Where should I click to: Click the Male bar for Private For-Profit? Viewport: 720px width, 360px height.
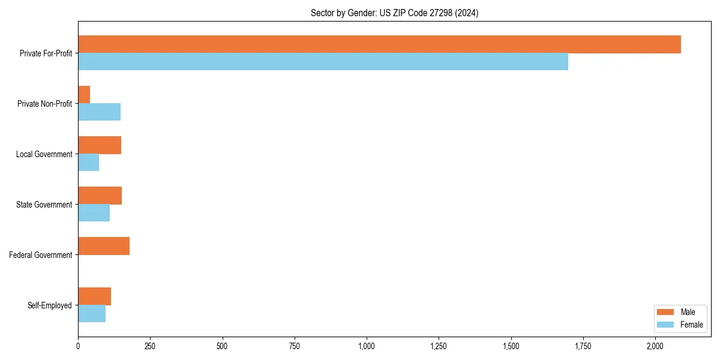tap(379, 44)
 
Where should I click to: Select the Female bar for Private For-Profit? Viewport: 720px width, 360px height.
tap(323, 62)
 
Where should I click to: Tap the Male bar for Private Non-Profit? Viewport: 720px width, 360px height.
tap(84, 95)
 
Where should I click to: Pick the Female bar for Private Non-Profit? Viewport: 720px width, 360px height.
tap(99, 112)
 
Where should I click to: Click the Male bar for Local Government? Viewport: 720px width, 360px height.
tap(100, 145)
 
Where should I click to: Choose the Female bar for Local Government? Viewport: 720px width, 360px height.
tap(88, 163)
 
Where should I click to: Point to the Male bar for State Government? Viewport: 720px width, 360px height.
tap(100, 196)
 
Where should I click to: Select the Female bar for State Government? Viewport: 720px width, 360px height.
tap(94, 213)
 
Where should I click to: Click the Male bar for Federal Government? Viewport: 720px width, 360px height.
tap(104, 246)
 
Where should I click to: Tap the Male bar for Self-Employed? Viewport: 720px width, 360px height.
tap(94, 296)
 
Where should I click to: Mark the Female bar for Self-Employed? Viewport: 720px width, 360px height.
tap(92, 314)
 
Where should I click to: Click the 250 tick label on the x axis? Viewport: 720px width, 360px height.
tap(150, 346)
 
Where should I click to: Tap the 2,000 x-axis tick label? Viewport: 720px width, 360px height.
tap(655, 346)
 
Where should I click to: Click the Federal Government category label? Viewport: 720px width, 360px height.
tap(41, 255)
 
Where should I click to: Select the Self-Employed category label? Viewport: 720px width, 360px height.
tap(50, 305)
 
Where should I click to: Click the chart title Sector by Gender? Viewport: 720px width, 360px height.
tap(394, 13)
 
